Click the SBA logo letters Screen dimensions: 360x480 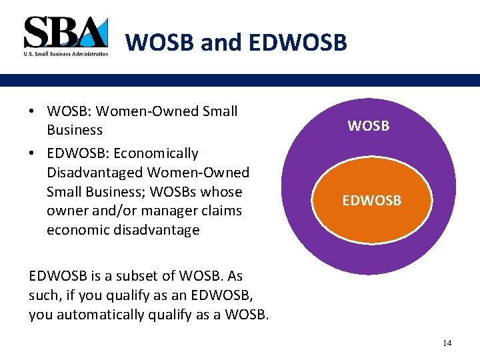pos(65,32)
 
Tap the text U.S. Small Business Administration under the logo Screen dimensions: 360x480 pos(65,54)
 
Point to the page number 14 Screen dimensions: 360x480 pos(447,343)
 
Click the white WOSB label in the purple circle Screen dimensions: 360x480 pos(369,125)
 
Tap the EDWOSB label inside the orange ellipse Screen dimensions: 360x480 pos(372,200)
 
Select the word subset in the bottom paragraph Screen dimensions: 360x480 pos(141,276)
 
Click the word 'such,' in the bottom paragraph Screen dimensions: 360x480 pos(46,295)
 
